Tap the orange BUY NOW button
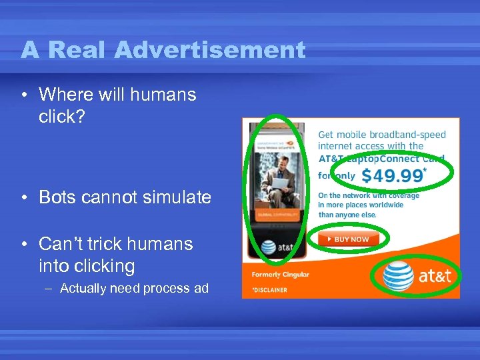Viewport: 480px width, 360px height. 347,239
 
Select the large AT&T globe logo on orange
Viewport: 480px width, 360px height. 398,276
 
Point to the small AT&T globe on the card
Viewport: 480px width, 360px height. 268,247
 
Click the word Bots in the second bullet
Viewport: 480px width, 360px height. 58,197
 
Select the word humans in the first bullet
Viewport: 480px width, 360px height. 164,95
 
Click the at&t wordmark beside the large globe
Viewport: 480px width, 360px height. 435,276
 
